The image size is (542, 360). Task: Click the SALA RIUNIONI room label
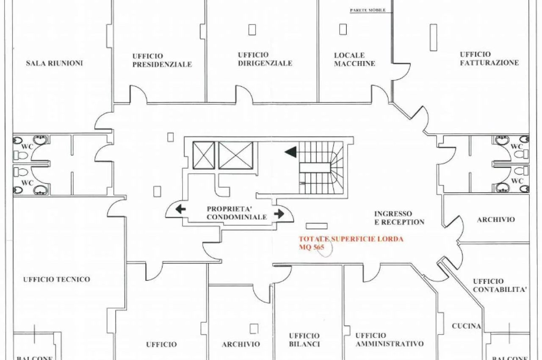pyautogui.click(x=55, y=64)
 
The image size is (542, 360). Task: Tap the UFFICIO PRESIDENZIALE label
pyautogui.click(x=162, y=60)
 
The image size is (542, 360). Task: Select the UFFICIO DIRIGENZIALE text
pyautogui.click(x=265, y=59)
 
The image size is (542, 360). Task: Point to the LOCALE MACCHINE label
pyautogui.click(x=354, y=60)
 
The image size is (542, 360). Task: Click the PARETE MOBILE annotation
pyautogui.click(x=368, y=11)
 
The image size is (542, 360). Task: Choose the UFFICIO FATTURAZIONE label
pyautogui.click(x=489, y=58)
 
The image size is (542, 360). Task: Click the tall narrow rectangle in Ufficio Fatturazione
pyautogui.click(x=433, y=38)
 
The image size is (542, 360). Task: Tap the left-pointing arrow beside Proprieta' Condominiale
pyautogui.click(x=180, y=209)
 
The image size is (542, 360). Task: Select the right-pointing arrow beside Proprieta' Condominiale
pyautogui.click(x=279, y=213)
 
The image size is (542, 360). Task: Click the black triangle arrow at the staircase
pyautogui.click(x=290, y=152)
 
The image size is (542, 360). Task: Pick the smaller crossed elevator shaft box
pyautogui.click(x=204, y=155)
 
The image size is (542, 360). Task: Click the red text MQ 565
pyautogui.click(x=311, y=247)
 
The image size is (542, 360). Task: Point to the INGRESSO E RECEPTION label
pyautogui.click(x=399, y=218)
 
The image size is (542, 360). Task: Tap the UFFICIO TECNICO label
pyautogui.click(x=57, y=280)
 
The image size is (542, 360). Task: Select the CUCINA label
pyautogui.click(x=466, y=326)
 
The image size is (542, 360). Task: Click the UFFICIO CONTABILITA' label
pyautogui.click(x=500, y=285)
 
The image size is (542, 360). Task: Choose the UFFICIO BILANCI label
pyautogui.click(x=304, y=340)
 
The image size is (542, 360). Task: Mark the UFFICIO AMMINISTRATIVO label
pyautogui.click(x=390, y=339)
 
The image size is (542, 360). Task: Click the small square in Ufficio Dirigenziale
pyautogui.click(x=252, y=30)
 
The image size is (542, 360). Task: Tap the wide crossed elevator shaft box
pyautogui.click(x=236, y=155)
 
